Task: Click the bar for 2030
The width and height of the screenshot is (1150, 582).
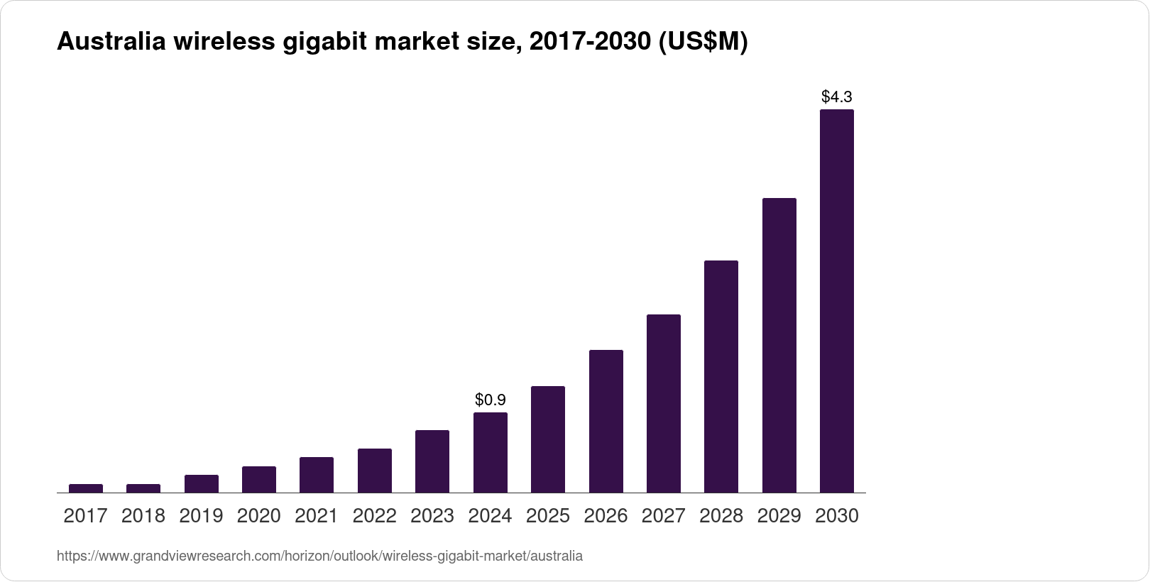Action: [x=836, y=301]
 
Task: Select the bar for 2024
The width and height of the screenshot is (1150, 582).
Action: [x=490, y=452]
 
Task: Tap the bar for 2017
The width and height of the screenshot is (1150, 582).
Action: [x=86, y=488]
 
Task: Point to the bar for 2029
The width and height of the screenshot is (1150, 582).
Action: [x=779, y=345]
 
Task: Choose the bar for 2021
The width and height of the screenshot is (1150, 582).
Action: [x=317, y=475]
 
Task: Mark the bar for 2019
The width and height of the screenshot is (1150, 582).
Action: [x=201, y=483]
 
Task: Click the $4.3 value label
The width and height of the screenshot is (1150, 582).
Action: [x=836, y=96]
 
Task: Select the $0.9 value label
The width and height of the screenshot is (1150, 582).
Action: [x=490, y=400]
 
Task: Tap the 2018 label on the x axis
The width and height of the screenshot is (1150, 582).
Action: [x=143, y=516]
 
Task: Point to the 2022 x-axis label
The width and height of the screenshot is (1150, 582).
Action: [x=374, y=516]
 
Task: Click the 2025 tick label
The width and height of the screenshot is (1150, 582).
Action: [x=548, y=516]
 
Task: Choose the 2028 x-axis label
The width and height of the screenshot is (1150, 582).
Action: [x=721, y=516]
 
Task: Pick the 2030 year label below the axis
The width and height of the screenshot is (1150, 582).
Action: [x=837, y=516]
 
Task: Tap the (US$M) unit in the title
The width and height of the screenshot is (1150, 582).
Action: [x=703, y=43]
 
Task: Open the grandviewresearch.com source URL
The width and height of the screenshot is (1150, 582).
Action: [x=319, y=556]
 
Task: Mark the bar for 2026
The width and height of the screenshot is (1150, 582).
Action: [x=606, y=421]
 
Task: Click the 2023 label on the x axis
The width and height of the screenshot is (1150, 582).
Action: [x=432, y=516]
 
